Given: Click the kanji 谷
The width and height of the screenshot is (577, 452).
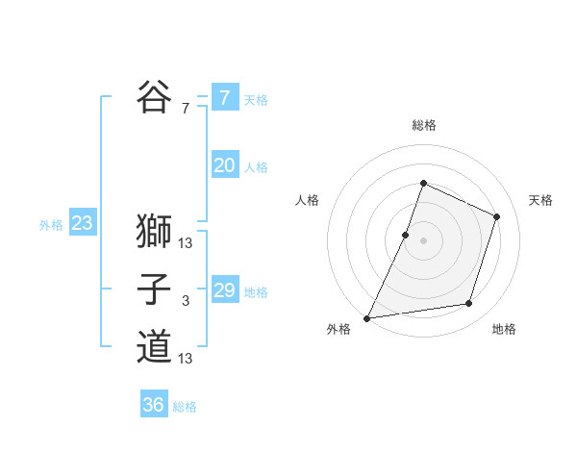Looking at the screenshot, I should click(x=154, y=97).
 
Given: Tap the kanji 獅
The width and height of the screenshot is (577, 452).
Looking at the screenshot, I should click(x=154, y=231).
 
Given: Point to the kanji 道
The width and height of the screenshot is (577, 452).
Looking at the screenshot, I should click(x=154, y=347).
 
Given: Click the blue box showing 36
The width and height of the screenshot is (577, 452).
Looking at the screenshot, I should click(x=154, y=405).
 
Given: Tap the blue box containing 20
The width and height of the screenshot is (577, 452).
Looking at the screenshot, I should click(x=225, y=165).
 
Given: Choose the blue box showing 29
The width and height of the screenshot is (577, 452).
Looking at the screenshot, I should click(x=225, y=290).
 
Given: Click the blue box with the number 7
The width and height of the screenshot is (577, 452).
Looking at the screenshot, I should click(x=225, y=97).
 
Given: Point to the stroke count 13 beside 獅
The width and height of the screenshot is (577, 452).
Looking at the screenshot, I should click(x=186, y=243).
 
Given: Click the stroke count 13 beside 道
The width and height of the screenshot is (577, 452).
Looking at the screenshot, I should click(x=186, y=360).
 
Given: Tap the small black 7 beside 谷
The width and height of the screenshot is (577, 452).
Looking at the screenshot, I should click(x=186, y=110).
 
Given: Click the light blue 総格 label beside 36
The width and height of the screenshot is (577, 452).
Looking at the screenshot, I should click(x=185, y=407).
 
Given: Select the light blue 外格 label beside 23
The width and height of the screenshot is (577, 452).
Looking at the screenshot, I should click(x=51, y=225).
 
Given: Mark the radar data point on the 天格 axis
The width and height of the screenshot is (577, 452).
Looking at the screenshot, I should click(x=497, y=216).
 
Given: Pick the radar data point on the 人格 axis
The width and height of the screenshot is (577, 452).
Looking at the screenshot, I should click(x=406, y=235).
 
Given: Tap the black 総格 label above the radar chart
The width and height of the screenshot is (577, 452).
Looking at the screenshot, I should click(x=424, y=125).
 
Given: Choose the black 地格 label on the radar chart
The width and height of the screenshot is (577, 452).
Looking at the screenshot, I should click(x=504, y=330).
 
